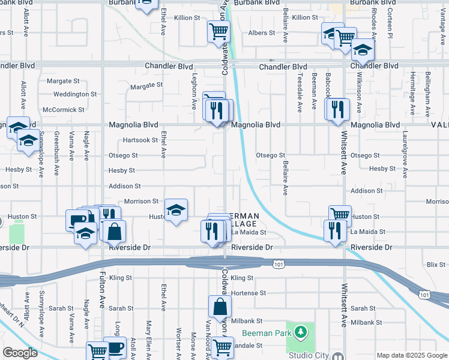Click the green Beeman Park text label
click(x=267, y=333)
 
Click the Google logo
click(x=20, y=352)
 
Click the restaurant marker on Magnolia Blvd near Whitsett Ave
click(x=338, y=109)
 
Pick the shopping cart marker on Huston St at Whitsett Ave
click(x=340, y=215)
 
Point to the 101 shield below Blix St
click(x=424, y=295)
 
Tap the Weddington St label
click(x=74, y=94)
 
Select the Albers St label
click(x=261, y=33)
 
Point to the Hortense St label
click(x=248, y=293)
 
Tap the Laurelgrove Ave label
click(x=405, y=154)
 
